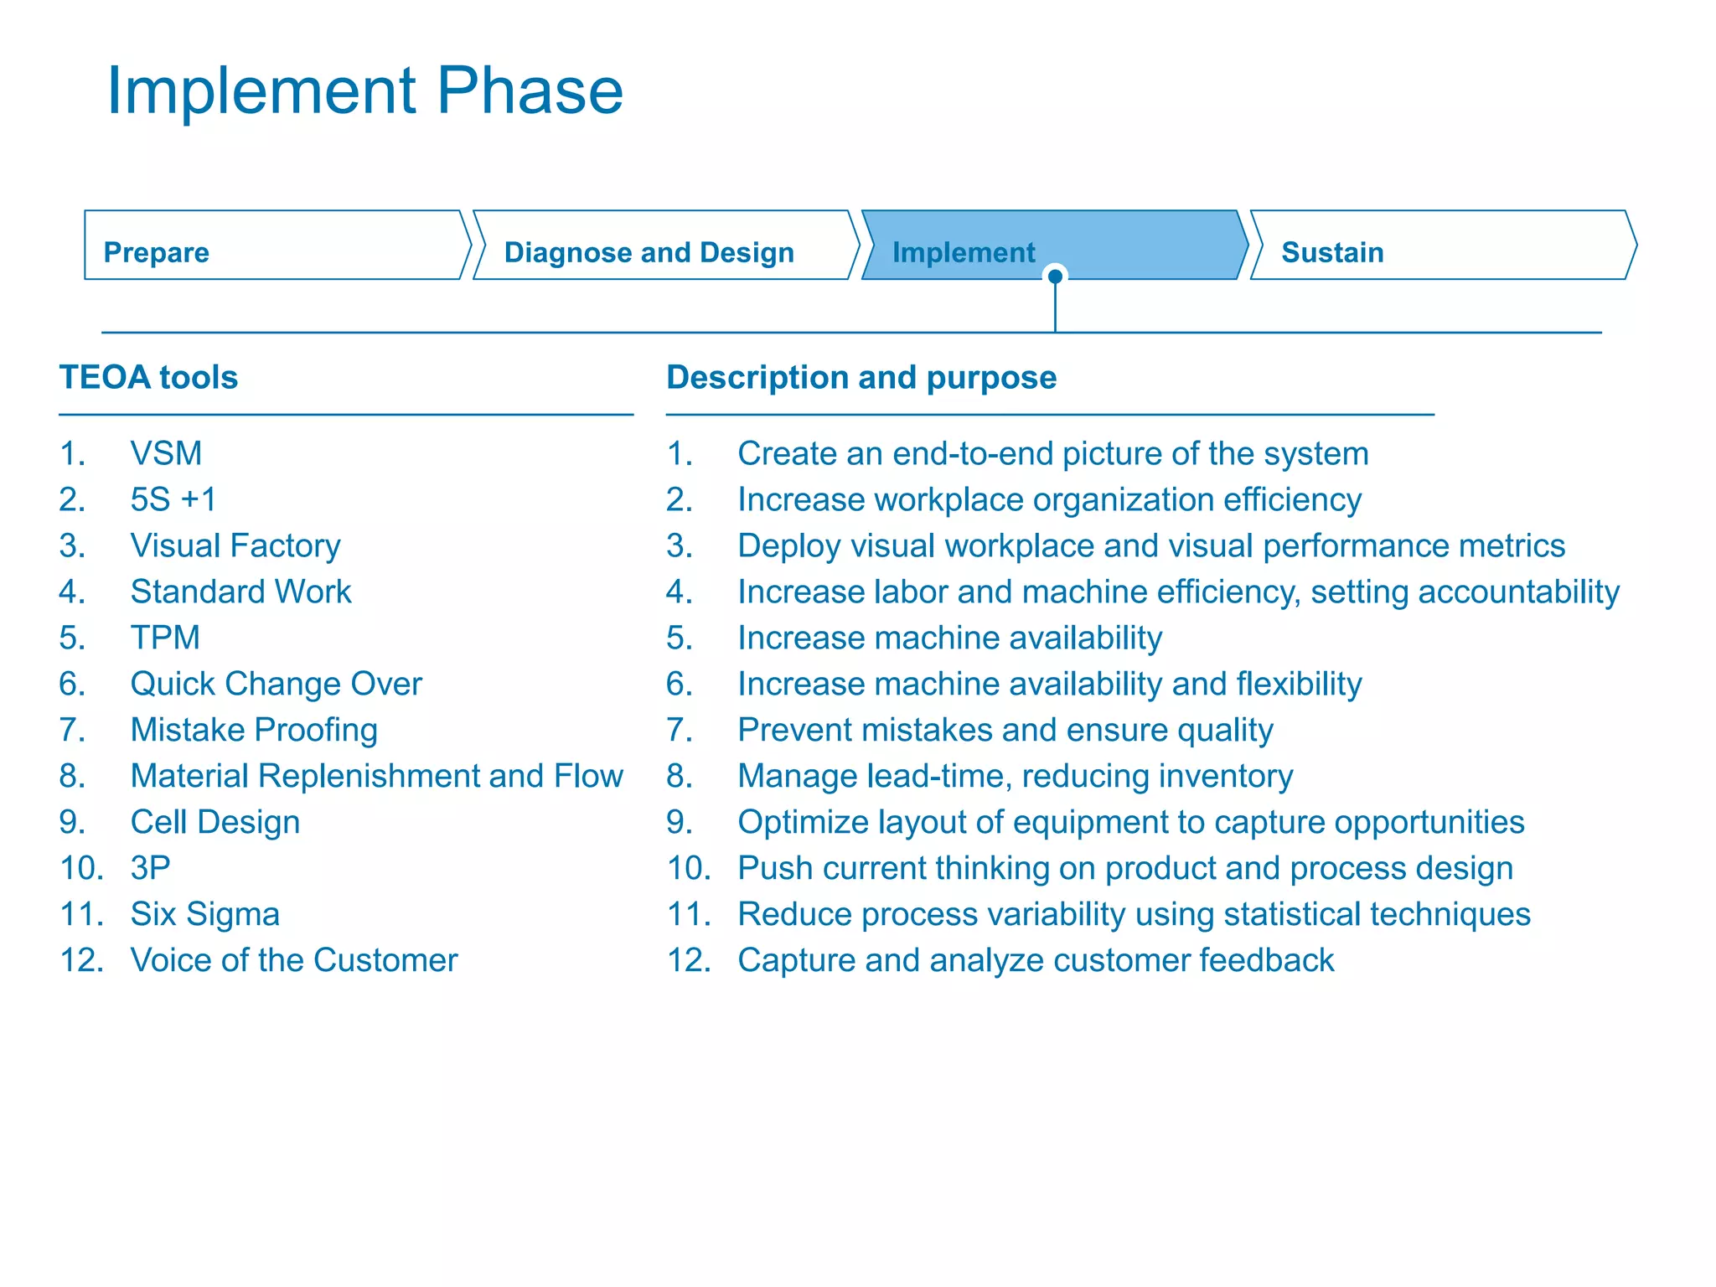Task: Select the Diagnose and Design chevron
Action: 662,246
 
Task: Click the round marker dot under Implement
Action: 1056,277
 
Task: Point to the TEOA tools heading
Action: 148,378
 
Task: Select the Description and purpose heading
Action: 861,378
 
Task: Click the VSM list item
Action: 166,454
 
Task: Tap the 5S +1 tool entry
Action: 173,500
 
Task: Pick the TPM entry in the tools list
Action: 165,638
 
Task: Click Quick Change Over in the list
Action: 276,685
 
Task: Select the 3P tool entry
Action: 150,869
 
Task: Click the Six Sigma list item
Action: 204,915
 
